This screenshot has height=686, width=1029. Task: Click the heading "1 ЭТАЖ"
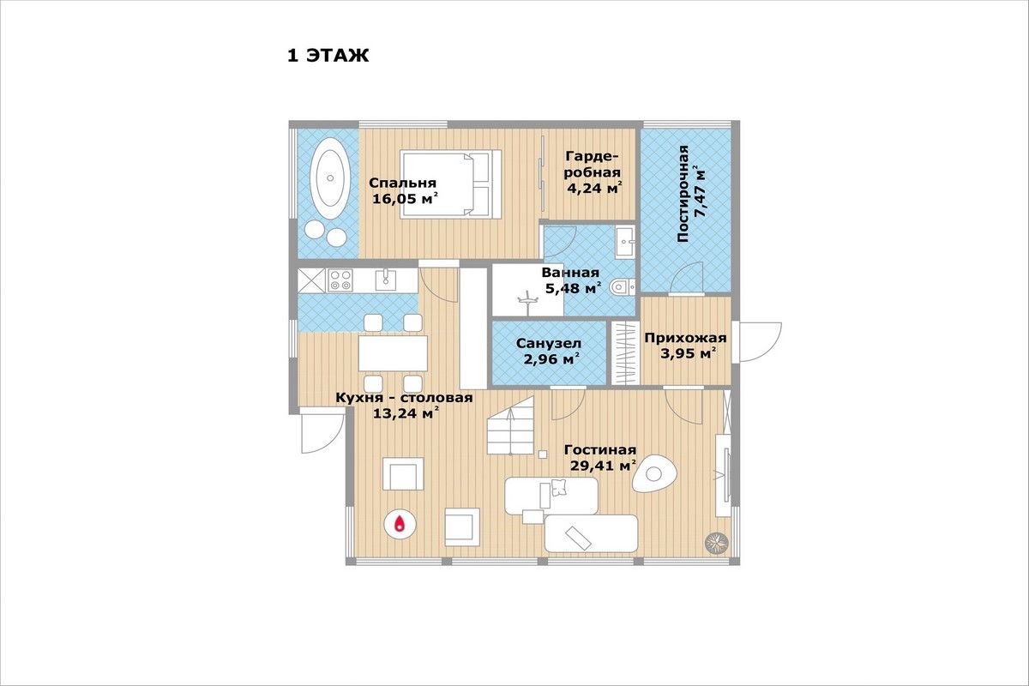(x=328, y=56)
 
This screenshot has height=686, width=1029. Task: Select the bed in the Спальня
(x=450, y=184)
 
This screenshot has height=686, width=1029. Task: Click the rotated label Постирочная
(x=683, y=194)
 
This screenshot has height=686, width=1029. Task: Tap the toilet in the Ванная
(x=622, y=287)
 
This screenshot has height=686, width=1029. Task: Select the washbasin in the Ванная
(x=625, y=242)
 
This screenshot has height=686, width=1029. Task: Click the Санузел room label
(x=549, y=343)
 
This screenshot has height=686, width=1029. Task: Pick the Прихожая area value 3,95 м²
(x=689, y=354)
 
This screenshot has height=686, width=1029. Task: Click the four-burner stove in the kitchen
(x=340, y=280)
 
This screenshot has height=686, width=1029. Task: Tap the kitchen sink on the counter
(x=386, y=280)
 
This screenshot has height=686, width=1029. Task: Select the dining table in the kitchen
(x=393, y=353)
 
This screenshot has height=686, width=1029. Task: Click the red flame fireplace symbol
(x=400, y=524)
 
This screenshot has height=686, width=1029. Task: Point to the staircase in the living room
(x=510, y=425)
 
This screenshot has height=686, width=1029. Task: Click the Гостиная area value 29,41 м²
(x=603, y=466)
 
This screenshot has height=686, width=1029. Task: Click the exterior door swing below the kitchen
(x=323, y=433)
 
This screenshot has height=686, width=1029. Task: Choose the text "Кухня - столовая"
(x=404, y=397)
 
